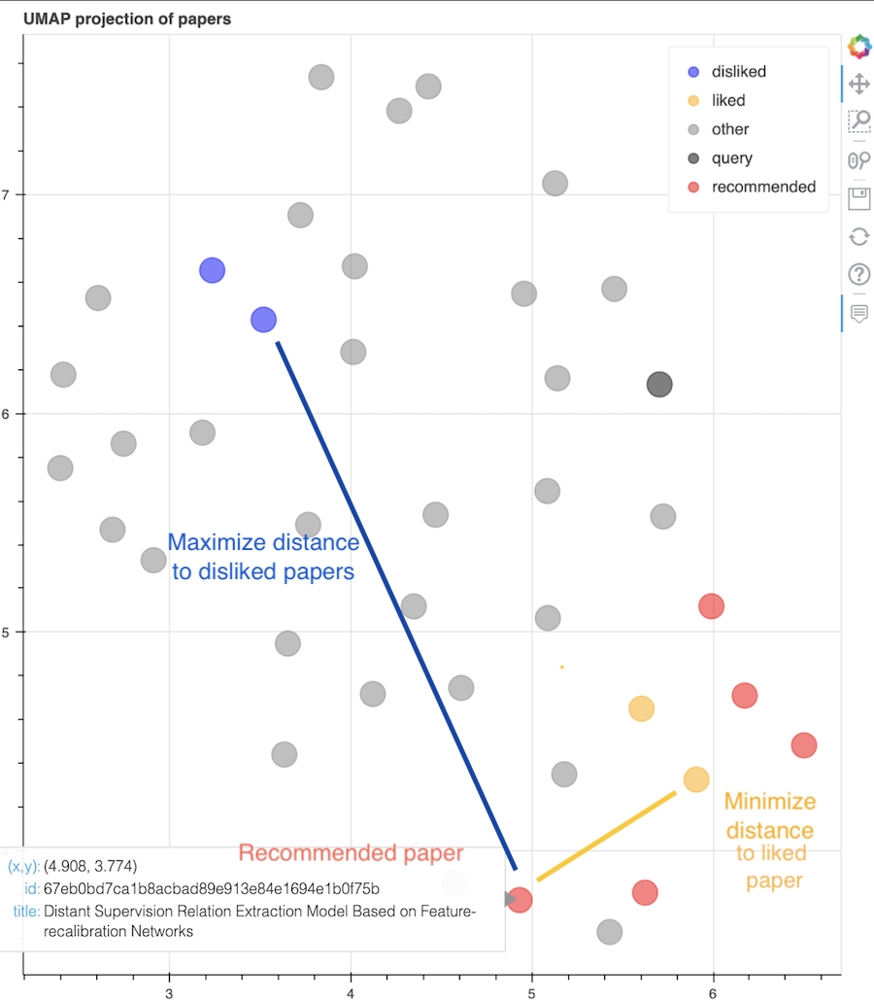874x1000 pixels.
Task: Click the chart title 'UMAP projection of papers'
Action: pos(127,18)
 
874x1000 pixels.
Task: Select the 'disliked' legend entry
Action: pos(738,72)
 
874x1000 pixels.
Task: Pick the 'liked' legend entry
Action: pos(728,100)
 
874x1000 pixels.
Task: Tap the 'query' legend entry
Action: pos(731,158)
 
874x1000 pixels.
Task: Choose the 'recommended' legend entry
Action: pos(763,187)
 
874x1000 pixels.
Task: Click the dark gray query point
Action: pos(659,384)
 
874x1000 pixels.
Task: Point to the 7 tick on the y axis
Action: pos(5,194)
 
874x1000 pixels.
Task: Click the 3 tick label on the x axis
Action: pos(169,992)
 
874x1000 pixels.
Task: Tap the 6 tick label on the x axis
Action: pos(713,992)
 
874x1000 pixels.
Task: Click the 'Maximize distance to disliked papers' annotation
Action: pos(263,557)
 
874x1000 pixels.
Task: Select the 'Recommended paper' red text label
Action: pos(351,853)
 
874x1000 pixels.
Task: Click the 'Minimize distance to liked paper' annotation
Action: pos(769,841)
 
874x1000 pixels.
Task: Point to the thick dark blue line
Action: pos(396,603)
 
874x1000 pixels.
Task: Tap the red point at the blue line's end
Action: pos(520,900)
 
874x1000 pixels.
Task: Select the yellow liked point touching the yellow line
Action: pos(695,778)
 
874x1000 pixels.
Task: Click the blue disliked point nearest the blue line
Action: pos(263,319)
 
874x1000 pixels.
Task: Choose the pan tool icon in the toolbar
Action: pos(858,84)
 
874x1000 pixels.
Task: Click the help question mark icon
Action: pos(858,274)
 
